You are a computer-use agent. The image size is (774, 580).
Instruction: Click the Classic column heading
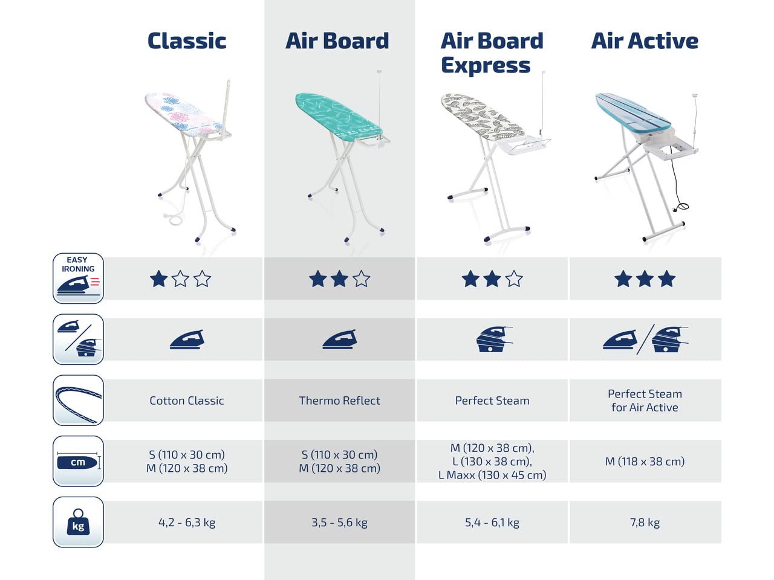pyautogui.click(x=187, y=41)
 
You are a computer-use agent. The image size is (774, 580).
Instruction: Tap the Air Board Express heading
pyautogui.click(x=492, y=53)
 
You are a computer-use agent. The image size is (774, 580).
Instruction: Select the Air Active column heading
pyautogui.click(x=645, y=41)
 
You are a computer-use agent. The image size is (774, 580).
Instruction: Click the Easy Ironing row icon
pyautogui.click(x=78, y=278)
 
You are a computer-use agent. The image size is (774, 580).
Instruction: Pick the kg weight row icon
pyautogui.click(x=78, y=522)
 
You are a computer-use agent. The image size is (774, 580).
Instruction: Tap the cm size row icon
pyautogui.click(x=78, y=462)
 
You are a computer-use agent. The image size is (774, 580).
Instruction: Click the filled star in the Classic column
pyautogui.click(x=158, y=279)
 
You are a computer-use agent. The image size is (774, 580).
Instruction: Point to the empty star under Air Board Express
pyautogui.click(x=514, y=279)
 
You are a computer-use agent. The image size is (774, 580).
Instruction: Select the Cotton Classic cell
pyautogui.click(x=187, y=401)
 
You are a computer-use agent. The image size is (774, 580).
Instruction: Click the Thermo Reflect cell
pyautogui.click(x=339, y=401)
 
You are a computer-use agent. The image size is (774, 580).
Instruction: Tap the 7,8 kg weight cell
pyautogui.click(x=645, y=523)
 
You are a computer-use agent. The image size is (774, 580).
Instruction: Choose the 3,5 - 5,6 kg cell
pyautogui.click(x=339, y=523)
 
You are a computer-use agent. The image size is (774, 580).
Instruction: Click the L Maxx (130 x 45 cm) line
pyautogui.click(x=492, y=475)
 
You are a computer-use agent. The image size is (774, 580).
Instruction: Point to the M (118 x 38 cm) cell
pyautogui.click(x=645, y=462)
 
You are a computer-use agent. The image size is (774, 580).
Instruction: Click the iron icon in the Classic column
pyautogui.click(x=187, y=340)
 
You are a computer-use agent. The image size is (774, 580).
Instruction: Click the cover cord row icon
pyautogui.click(x=78, y=400)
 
